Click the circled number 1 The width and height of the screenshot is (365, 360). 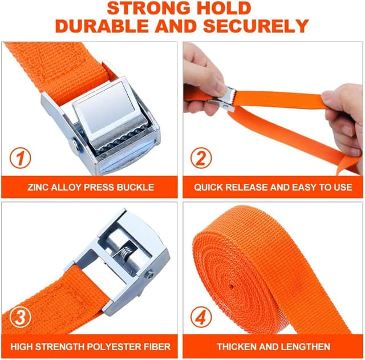21,158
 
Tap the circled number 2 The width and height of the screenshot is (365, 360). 201,158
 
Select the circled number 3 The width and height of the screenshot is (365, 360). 21,317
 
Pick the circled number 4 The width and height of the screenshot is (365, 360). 201,317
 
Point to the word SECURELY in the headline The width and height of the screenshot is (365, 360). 256,26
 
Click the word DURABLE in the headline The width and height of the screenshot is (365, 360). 102,26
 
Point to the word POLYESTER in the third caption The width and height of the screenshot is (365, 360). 116,347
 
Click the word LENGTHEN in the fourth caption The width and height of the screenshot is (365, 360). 307,347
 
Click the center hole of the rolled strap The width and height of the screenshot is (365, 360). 232,286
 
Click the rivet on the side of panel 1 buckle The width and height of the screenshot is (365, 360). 76,144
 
